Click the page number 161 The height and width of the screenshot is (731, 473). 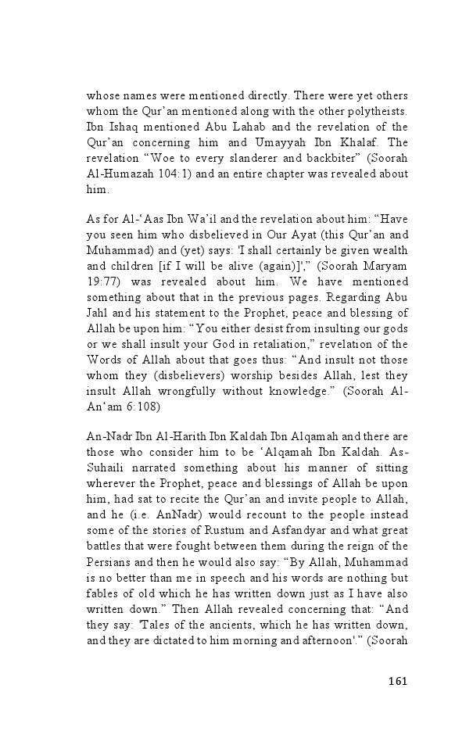(398, 680)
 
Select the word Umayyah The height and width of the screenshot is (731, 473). (280, 143)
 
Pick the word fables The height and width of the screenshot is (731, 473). (104, 593)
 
